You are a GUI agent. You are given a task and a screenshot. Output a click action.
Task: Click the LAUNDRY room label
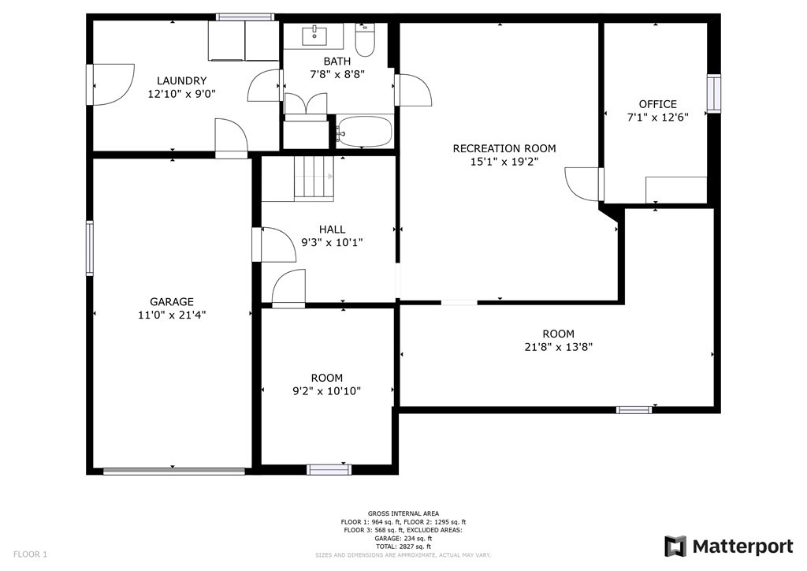pyautogui.click(x=181, y=80)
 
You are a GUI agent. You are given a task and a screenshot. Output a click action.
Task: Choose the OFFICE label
pyautogui.click(x=657, y=104)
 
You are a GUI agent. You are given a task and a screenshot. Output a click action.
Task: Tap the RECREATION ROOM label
pyautogui.click(x=504, y=148)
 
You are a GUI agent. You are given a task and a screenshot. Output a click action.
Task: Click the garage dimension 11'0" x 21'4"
pyautogui.click(x=172, y=315)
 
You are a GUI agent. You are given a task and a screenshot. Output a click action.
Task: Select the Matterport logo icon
pyautogui.click(x=675, y=547)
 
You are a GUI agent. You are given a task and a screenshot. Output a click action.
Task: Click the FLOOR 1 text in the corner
pyautogui.click(x=31, y=554)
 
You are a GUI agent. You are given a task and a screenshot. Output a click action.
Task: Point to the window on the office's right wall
pyautogui.click(x=713, y=93)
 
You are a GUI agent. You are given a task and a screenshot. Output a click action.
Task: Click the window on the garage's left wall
pyautogui.click(x=90, y=248)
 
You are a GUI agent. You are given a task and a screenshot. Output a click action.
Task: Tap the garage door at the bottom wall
pyautogui.click(x=173, y=472)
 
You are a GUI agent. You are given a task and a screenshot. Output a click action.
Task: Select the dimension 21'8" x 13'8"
pyautogui.click(x=558, y=347)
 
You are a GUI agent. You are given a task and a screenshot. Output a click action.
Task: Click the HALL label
pyautogui.click(x=332, y=230)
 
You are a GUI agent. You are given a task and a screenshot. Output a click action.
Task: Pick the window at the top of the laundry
pyautogui.click(x=244, y=17)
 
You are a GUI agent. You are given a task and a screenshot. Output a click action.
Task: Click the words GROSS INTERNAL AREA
pyautogui.click(x=403, y=513)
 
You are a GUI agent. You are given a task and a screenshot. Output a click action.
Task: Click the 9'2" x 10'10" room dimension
pyautogui.click(x=326, y=390)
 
